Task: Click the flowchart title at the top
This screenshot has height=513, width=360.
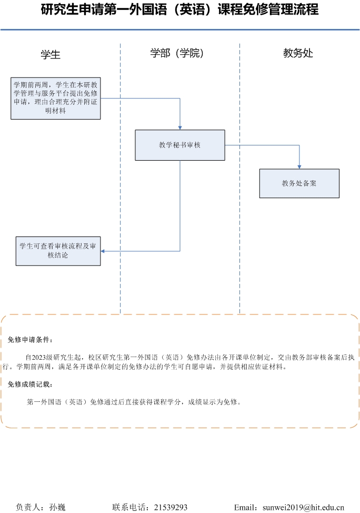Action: coord(179,9)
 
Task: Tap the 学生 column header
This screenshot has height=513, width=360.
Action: coord(51,54)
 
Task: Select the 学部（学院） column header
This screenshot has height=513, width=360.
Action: coord(177,53)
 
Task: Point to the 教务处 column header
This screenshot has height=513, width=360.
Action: coord(298,53)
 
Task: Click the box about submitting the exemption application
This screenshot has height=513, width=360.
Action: coord(56,98)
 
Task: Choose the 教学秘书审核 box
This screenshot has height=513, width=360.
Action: coord(180,145)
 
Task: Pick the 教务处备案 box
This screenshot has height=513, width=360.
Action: coord(299,183)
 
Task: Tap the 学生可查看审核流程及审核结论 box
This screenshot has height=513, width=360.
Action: coord(58,251)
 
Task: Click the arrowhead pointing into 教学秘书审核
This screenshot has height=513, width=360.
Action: coord(180,128)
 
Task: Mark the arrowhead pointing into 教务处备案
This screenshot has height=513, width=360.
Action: coord(299,167)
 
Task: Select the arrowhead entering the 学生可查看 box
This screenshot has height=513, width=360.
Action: coord(103,251)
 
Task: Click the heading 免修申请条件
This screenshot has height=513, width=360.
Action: coord(30,340)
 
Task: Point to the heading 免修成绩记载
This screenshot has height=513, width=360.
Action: coord(30,384)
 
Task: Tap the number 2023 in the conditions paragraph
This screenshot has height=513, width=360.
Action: coord(38,357)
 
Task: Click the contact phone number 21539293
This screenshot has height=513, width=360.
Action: coord(171,507)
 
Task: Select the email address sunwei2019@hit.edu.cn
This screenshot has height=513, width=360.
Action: coord(304,507)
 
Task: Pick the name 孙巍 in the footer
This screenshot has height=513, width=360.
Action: coord(57,507)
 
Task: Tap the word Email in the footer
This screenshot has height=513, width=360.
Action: coord(244,507)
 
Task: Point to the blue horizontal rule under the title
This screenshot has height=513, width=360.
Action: coord(180,30)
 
